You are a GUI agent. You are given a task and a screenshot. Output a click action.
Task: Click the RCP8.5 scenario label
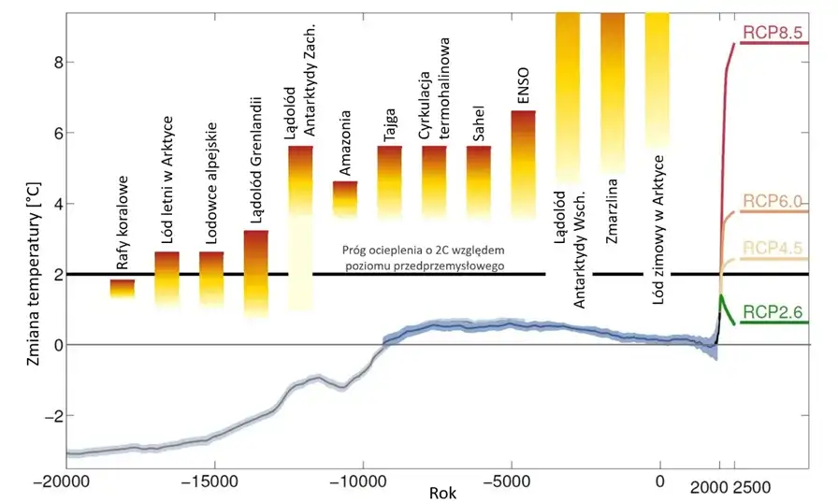tap(773, 33)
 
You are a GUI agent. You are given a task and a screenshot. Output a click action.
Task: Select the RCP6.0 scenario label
tap(773, 201)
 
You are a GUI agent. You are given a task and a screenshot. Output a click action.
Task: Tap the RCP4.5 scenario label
tap(773, 247)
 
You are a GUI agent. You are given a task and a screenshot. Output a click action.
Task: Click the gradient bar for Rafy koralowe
tap(123, 289)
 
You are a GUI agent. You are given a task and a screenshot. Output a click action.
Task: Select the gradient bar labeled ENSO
tap(524, 159)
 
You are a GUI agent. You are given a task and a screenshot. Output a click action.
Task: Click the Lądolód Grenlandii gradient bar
tap(256, 271)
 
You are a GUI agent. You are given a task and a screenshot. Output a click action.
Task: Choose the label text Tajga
tap(390, 128)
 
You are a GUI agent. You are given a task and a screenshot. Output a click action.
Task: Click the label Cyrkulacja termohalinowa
tap(436, 90)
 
